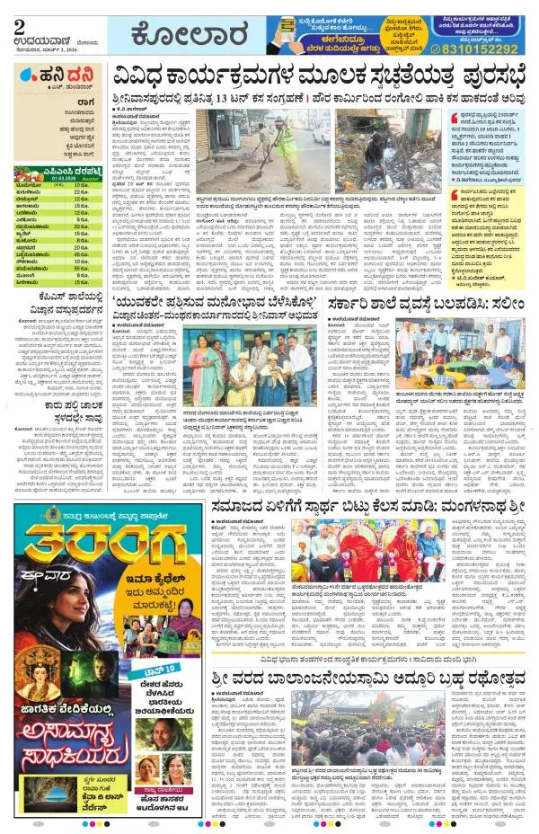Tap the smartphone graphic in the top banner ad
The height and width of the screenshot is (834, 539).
click(x=295, y=36)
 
